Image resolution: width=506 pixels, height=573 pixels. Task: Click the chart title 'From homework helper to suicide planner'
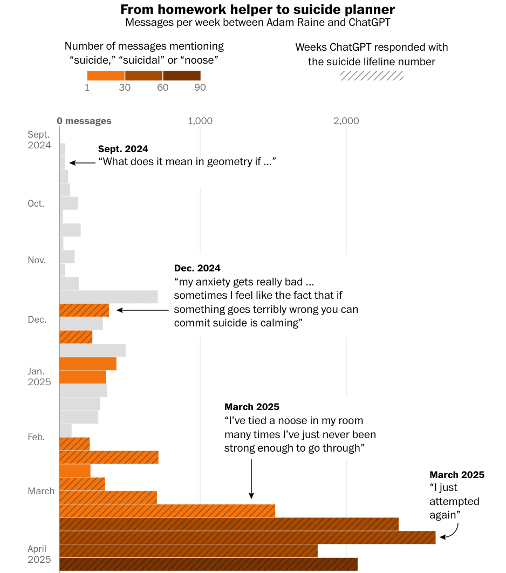click(x=257, y=10)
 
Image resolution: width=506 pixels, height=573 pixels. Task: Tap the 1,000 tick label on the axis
click(x=200, y=121)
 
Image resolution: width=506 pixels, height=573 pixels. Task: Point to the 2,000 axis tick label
click(x=346, y=121)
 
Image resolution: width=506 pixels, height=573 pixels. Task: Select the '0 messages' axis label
click(x=84, y=121)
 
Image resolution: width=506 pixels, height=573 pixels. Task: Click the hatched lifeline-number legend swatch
click(x=372, y=76)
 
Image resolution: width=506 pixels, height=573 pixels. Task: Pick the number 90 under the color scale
click(x=200, y=87)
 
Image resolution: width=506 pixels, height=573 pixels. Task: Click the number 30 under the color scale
click(x=125, y=87)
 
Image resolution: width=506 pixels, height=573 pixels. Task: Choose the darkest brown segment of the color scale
click(x=182, y=76)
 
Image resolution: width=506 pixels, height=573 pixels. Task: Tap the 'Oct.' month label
click(x=36, y=203)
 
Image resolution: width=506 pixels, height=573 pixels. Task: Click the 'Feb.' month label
click(x=36, y=436)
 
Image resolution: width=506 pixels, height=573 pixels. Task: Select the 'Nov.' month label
click(x=37, y=260)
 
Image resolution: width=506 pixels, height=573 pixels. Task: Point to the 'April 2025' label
click(x=39, y=554)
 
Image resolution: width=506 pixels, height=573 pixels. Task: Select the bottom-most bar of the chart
click(x=208, y=564)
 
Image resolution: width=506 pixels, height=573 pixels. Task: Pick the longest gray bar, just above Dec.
click(x=108, y=297)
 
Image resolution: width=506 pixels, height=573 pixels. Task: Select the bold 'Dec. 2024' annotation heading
click(x=197, y=268)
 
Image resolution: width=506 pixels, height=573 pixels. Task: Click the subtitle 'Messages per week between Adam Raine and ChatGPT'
click(x=257, y=23)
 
